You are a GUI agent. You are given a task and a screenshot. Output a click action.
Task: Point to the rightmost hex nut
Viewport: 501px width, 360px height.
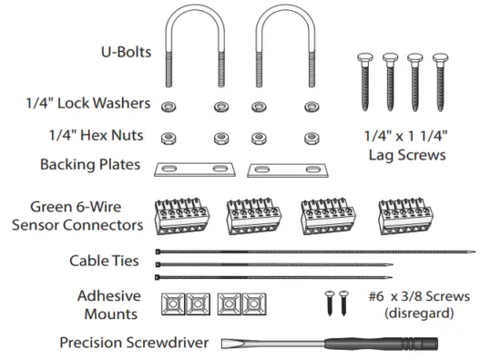[x=309, y=139]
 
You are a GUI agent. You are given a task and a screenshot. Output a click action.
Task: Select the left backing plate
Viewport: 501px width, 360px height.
[x=193, y=170]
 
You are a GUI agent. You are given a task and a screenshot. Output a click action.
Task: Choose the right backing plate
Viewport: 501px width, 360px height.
[x=286, y=170]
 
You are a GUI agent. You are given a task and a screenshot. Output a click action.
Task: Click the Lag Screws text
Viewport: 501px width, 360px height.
[x=406, y=156]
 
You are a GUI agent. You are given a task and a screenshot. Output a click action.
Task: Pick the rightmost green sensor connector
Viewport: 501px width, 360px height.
[x=402, y=217]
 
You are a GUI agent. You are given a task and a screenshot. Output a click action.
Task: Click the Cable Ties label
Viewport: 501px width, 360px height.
[x=104, y=262]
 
